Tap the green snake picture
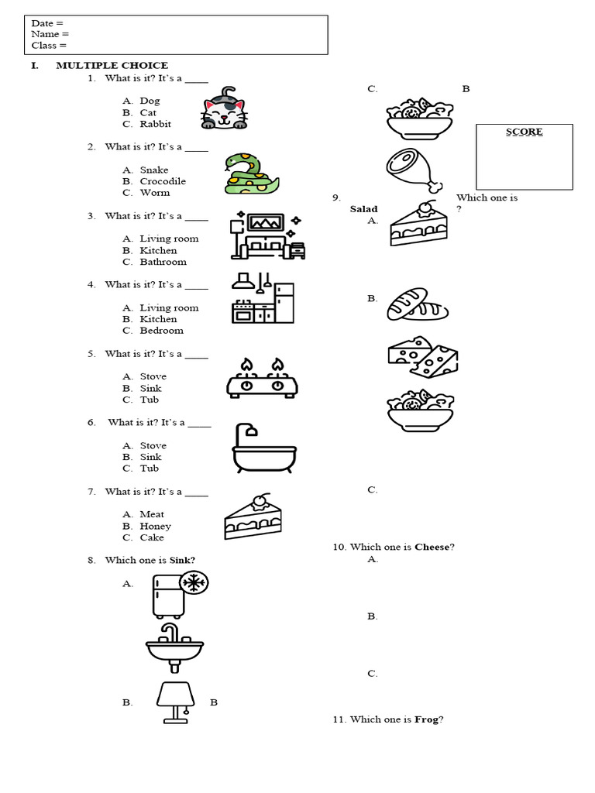click(247, 173)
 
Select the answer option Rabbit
click(155, 124)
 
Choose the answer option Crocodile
click(163, 181)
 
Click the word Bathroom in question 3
click(163, 262)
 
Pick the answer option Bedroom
click(161, 331)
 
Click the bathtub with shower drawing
click(263, 449)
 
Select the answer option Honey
click(155, 526)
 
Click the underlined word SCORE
click(524, 132)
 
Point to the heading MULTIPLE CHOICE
click(112, 66)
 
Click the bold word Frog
click(427, 719)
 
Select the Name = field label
click(50, 34)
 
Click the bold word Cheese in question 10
click(432, 547)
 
